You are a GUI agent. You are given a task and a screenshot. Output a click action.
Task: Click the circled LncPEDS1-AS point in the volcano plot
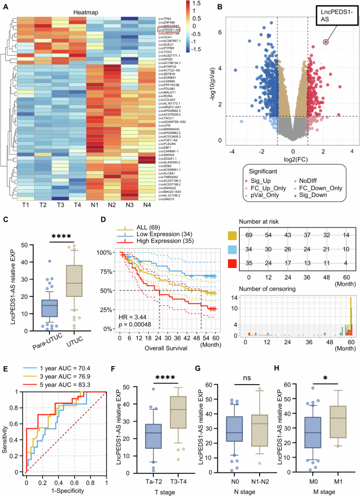(326, 42)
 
